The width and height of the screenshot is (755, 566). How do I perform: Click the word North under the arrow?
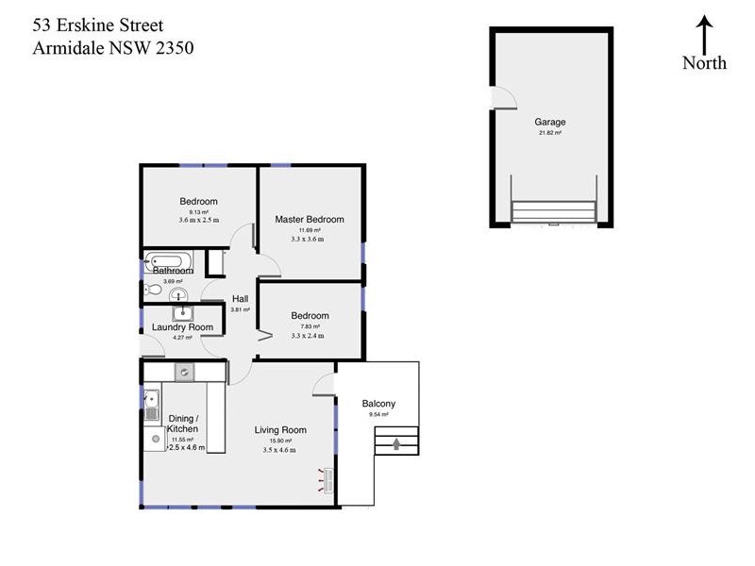[x=705, y=63]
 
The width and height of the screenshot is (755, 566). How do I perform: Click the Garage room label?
[x=549, y=123]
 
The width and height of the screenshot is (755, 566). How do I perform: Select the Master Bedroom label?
[x=310, y=219]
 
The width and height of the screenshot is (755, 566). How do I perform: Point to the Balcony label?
[x=378, y=404]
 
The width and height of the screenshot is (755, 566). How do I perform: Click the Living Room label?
[x=280, y=430]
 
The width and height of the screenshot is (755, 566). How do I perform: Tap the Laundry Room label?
[x=182, y=327]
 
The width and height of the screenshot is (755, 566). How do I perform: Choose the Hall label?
[x=240, y=299]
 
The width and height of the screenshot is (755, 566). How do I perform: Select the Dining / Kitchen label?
[x=182, y=424]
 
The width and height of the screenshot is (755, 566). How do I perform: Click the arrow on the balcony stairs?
[x=396, y=441]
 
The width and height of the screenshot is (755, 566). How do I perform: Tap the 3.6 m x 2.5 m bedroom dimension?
[x=198, y=220]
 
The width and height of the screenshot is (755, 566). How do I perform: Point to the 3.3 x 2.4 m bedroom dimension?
[x=309, y=335]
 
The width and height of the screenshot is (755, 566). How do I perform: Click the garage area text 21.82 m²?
[x=549, y=133]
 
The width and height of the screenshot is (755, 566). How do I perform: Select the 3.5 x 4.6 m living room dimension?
[x=279, y=450]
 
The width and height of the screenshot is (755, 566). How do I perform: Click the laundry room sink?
[x=182, y=313]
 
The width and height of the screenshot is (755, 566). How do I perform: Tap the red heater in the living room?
[x=326, y=479]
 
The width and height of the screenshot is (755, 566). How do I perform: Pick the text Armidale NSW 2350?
[x=112, y=48]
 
